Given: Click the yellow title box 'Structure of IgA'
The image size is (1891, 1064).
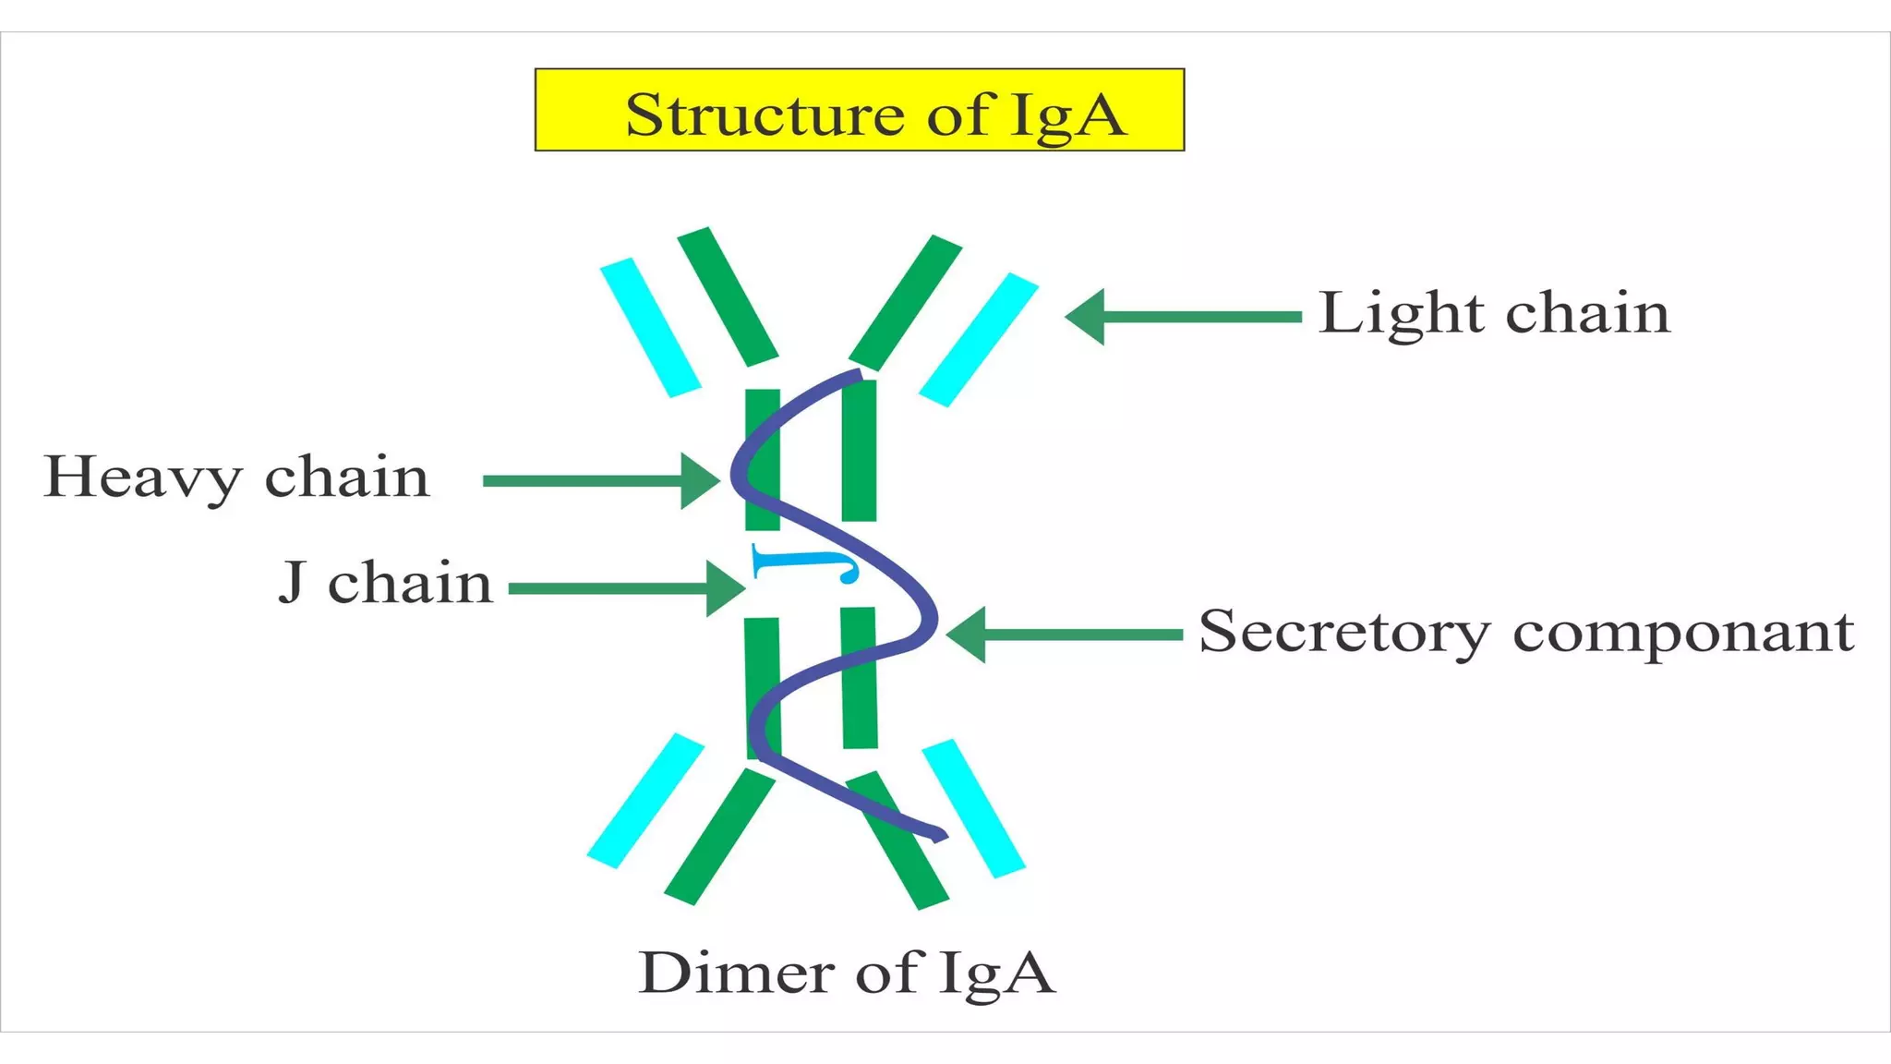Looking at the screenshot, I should click(859, 110).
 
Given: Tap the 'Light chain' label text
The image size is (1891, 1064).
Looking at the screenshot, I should click(1494, 313).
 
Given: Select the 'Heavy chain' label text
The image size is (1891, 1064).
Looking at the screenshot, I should click(236, 478).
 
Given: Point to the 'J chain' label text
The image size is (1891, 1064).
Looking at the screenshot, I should click(385, 584).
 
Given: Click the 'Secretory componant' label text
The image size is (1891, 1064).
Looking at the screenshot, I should click(1525, 633).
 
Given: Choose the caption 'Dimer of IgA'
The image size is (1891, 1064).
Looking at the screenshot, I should click(846, 973).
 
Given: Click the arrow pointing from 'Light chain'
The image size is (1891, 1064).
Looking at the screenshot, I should click(1182, 317).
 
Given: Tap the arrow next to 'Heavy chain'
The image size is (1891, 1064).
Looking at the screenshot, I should click(600, 480).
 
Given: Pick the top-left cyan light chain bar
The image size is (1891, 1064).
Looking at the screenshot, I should click(650, 328).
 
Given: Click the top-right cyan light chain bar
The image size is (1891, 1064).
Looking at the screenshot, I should click(979, 339).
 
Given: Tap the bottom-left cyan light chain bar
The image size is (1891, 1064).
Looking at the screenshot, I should click(645, 801).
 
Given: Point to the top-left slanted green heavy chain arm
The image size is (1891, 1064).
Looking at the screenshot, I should click(728, 296).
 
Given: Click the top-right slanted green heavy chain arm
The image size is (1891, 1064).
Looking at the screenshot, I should click(905, 302).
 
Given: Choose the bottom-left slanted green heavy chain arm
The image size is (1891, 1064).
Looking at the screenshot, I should click(719, 837).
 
